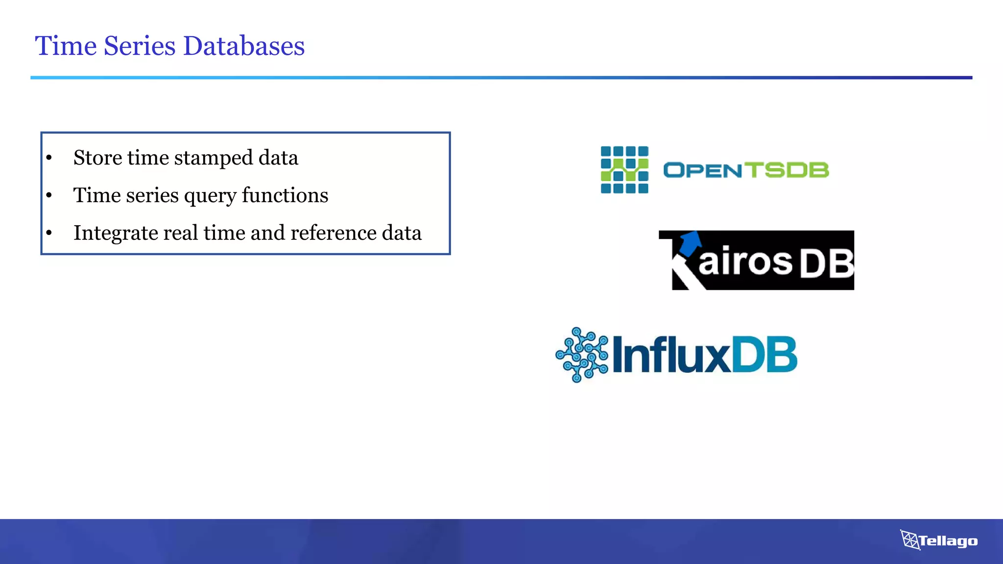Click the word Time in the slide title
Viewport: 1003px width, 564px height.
pos(66,46)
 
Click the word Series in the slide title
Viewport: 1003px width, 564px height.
pos(140,46)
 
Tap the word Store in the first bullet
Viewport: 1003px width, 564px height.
pos(97,158)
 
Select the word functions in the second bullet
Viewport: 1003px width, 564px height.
pos(285,195)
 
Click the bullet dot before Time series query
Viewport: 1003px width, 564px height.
pos(49,195)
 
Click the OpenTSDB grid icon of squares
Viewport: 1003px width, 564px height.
pos(624,170)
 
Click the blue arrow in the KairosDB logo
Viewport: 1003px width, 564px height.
pos(691,241)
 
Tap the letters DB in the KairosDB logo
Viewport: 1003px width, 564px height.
pos(827,263)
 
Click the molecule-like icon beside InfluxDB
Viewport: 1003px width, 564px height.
pos(582,355)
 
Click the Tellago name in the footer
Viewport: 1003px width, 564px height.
pos(948,541)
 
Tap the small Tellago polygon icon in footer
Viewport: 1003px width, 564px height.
pos(910,540)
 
